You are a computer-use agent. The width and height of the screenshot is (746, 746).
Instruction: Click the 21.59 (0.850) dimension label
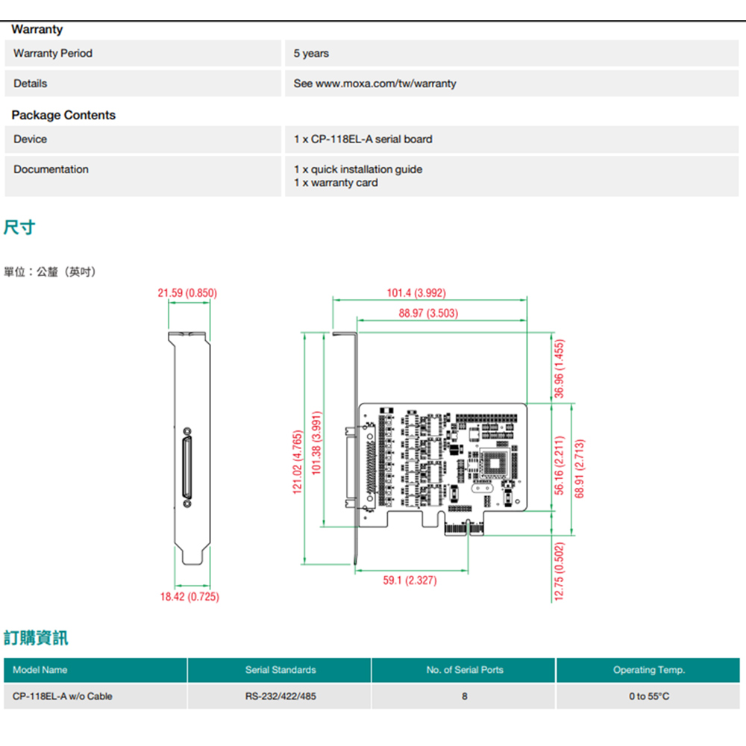[187, 293]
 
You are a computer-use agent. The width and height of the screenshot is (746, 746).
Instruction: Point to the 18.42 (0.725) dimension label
[190, 597]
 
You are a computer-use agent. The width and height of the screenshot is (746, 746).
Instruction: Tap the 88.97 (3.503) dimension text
[428, 313]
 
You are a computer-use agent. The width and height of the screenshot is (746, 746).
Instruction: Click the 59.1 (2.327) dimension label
[410, 580]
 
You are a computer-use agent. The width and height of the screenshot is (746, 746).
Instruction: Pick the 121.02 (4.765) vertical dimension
[298, 461]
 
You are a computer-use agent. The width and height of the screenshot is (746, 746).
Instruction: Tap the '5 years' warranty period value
[311, 54]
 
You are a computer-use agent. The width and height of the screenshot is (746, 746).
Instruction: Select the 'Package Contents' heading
[63, 115]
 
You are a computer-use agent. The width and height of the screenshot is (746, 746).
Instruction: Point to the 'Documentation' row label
[51, 169]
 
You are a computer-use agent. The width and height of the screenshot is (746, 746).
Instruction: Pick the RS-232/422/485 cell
[280, 696]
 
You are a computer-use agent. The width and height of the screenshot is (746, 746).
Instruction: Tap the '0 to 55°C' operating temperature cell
[648, 696]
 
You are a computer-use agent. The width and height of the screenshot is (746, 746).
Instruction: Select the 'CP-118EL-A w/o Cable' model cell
[63, 696]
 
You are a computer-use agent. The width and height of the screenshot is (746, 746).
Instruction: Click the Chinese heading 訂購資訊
[35, 638]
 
